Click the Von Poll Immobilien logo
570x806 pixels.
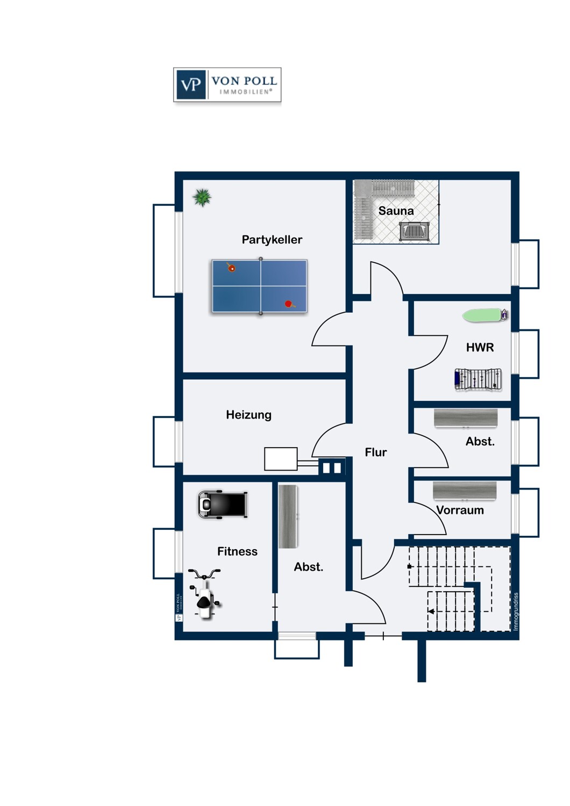click(x=227, y=85)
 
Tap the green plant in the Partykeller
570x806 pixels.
click(x=202, y=198)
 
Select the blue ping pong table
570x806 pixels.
click(x=260, y=286)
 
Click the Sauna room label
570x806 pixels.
click(x=396, y=211)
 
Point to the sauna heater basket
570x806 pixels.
click(x=414, y=232)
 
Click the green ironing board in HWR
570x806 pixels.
click(x=484, y=315)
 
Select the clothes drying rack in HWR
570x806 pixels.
click(x=478, y=379)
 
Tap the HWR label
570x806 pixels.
click(x=480, y=348)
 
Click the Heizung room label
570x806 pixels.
click(x=248, y=415)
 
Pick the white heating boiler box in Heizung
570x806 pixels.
click(x=281, y=459)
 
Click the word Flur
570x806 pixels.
click(x=375, y=452)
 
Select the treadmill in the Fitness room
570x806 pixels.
click(x=223, y=505)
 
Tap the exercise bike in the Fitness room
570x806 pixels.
click(x=204, y=594)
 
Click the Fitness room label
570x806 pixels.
click(x=237, y=551)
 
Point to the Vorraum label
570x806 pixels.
click(x=460, y=510)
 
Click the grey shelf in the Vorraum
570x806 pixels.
click(x=464, y=491)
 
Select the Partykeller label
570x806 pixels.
click(x=272, y=240)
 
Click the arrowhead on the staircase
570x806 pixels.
click(x=431, y=611)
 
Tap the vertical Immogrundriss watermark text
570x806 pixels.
click(x=516, y=611)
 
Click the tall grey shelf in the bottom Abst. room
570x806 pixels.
click(x=288, y=516)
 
